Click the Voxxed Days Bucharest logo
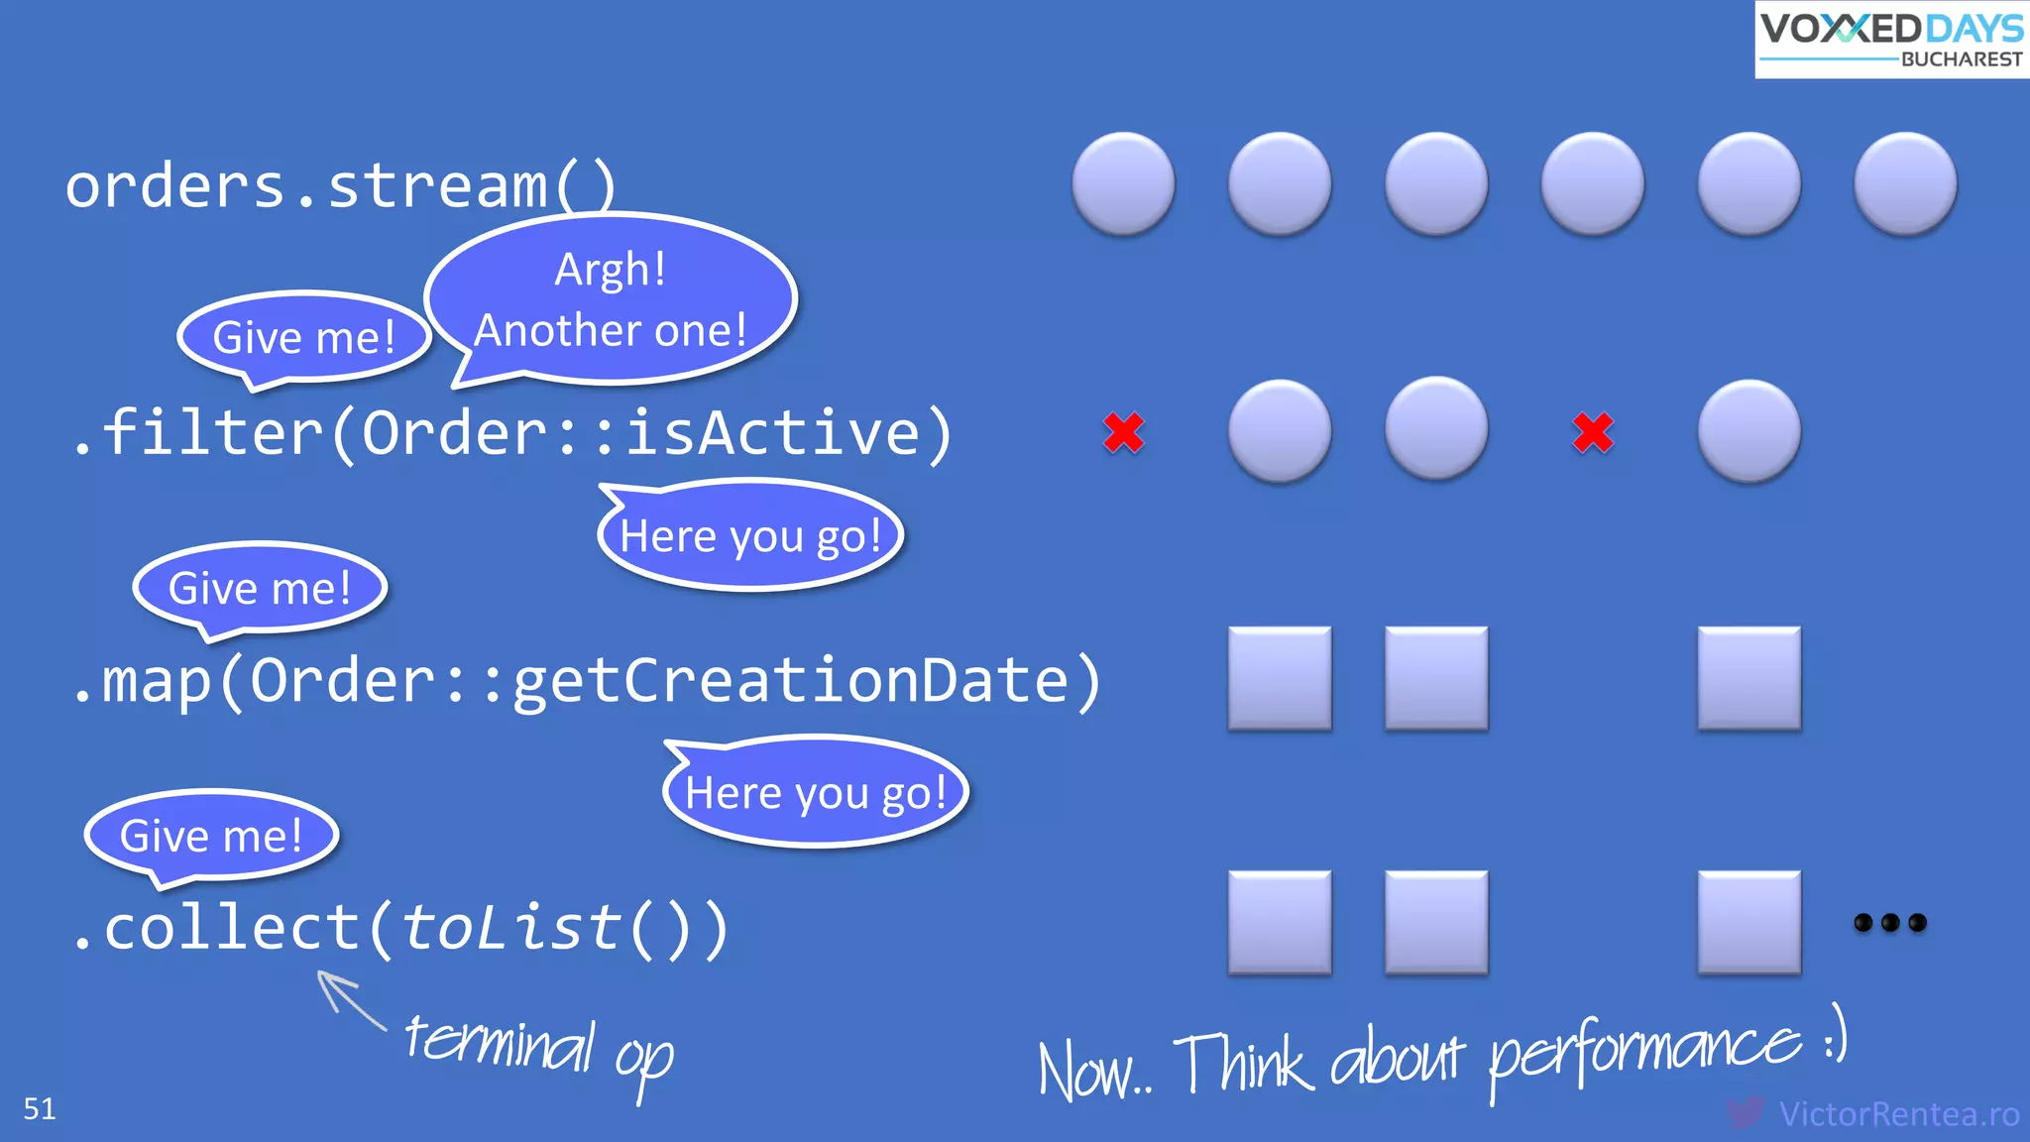[x=1891, y=40]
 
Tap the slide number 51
[x=40, y=1108]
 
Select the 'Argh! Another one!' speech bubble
[x=611, y=299]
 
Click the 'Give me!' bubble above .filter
[x=304, y=337]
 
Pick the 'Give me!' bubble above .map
[x=260, y=588]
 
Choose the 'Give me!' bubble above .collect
[x=211, y=836]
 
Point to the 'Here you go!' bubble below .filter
[x=750, y=536]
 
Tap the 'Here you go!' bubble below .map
[x=815, y=793]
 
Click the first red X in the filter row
[x=1123, y=432]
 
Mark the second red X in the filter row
[x=1593, y=432]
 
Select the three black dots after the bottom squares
[x=1889, y=923]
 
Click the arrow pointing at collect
[x=349, y=999]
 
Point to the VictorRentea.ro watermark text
[x=1898, y=1114]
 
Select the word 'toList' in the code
[x=511, y=928]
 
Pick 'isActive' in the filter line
[x=773, y=433]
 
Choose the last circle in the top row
[x=1905, y=183]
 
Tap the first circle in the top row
[x=1123, y=183]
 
